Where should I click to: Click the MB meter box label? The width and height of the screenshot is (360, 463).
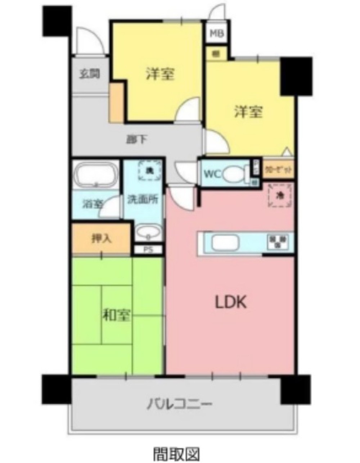217,34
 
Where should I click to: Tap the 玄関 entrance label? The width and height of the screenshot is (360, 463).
90,75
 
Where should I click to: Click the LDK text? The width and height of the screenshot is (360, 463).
230,303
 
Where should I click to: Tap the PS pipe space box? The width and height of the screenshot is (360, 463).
148,249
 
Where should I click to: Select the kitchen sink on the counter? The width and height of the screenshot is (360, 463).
225,243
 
